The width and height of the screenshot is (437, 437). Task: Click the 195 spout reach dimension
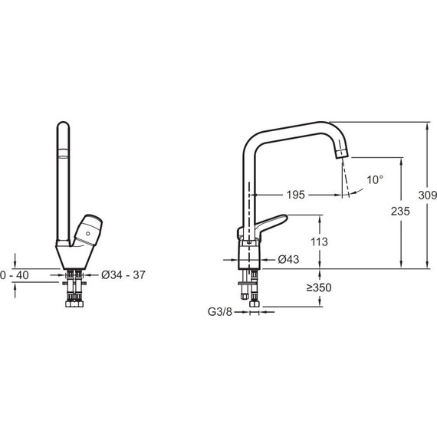pyautogui.click(x=296, y=195)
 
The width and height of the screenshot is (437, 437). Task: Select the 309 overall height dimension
pyautogui.click(x=428, y=195)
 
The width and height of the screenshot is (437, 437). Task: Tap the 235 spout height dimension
pyautogui.click(x=400, y=212)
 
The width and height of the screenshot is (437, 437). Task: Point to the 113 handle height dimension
pyautogui.click(x=320, y=242)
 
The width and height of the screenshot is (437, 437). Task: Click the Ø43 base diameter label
pyautogui.click(x=288, y=259)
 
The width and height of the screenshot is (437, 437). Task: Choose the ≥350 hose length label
pyautogui.click(x=319, y=287)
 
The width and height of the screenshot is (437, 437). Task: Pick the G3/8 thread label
pyautogui.click(x=220, y=312)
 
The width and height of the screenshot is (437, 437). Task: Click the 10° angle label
pyautogui.click(x=375, y=179)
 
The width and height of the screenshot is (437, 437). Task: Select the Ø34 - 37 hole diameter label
pyautogui.click(x=123, y=275)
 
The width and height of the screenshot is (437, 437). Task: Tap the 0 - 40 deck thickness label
pyautogui.click(x=15, y=275)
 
